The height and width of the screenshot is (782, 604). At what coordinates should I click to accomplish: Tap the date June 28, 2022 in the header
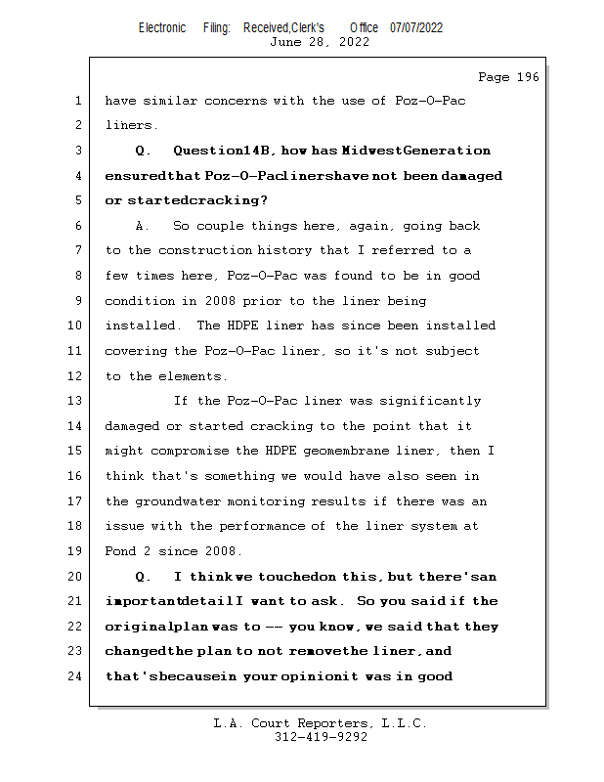point(320,42)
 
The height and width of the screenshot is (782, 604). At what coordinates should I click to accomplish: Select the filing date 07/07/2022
point(416,27)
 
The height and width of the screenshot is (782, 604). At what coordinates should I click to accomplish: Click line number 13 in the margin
point(75,401)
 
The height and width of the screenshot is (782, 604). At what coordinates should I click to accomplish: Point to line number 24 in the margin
point(75,675)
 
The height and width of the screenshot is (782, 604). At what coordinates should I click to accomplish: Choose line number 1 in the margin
point(78,101)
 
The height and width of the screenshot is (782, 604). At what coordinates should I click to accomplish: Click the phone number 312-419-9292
point(320,737)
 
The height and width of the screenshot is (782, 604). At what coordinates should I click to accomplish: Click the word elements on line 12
point(191,376)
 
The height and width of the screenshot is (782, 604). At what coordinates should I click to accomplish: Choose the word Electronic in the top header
point(162,27)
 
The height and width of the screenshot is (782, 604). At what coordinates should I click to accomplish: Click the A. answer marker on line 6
point(143,226)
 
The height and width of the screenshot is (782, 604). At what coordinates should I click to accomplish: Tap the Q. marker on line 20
point(143,576)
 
